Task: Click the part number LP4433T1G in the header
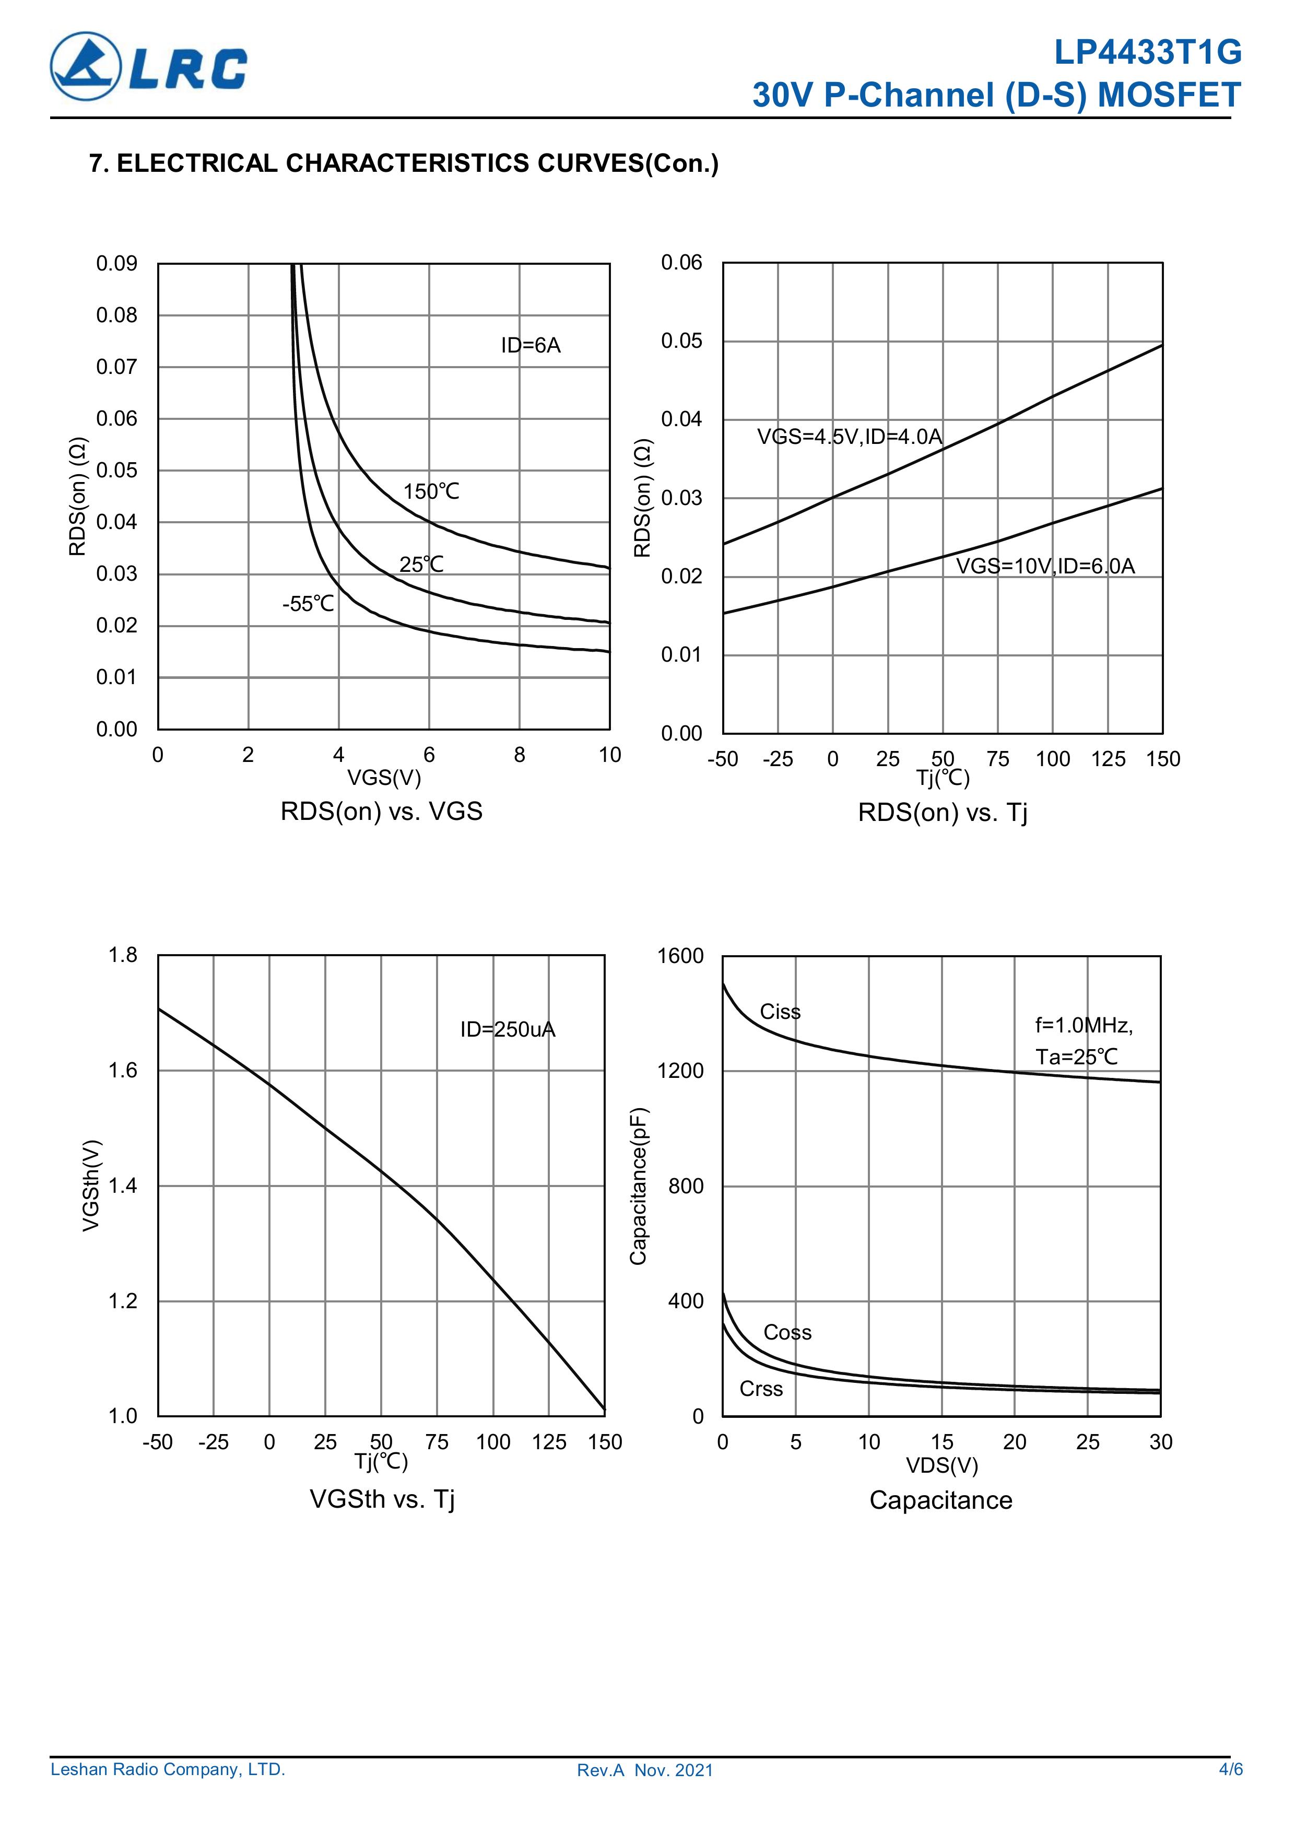tap(1147, 53)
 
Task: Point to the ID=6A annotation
tap(531, 346)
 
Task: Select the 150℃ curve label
tap(431, 491)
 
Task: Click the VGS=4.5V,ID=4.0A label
tap(850, 437)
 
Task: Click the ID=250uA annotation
tap(508, 1029)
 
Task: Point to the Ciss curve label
tap(780, 1012)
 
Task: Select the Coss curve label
tap(787, 1333)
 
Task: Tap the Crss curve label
tap(761, 1389)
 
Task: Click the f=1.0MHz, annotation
tap(1084, 1025)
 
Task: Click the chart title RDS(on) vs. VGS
tap(381, 812)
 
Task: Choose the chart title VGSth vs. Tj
tap(382, 1499)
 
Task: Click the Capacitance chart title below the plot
tap(941, 1500)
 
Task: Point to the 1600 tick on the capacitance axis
tap(680, 956)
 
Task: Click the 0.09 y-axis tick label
tap(116, 263)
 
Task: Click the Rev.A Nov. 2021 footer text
tap(645, 1770)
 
